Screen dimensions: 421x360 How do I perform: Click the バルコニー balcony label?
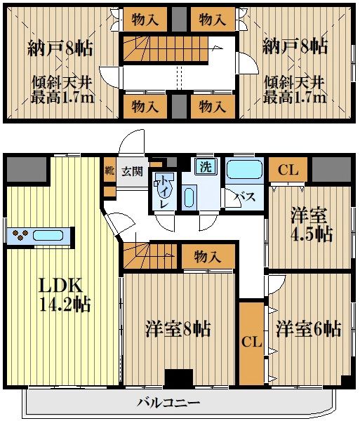pos(168,403)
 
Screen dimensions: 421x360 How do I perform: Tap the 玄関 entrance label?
pos(131,171)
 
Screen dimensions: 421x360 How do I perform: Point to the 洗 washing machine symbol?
pos(205,167)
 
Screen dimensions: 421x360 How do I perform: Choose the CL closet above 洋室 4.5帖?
pos(286,169)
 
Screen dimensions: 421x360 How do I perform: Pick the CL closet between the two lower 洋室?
pos(251,342)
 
